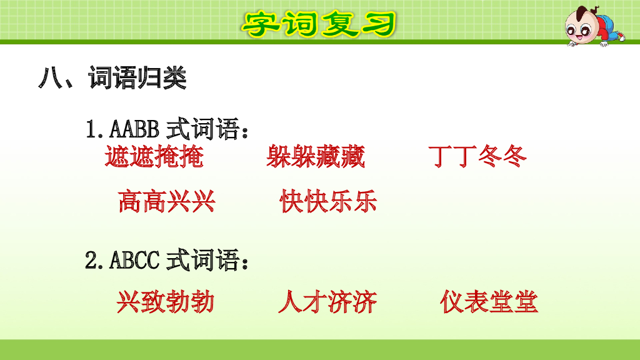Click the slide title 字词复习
click(x=319, y=23)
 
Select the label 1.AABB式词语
click(x=169, y=130)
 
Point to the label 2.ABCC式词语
click(x=169, y=260)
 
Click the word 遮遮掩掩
click(x=154, y=157)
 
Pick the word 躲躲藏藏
click(x=316, y=157)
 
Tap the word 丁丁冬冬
click(x=478, y=157)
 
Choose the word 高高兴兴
click(x=167, y=201)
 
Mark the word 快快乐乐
click(x=329, y=201)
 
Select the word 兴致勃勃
click(x=166, y=302)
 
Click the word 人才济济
click(x=327, y=302)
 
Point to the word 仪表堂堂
click(x=489, y=302)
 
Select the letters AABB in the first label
click(x=136, y=130)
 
